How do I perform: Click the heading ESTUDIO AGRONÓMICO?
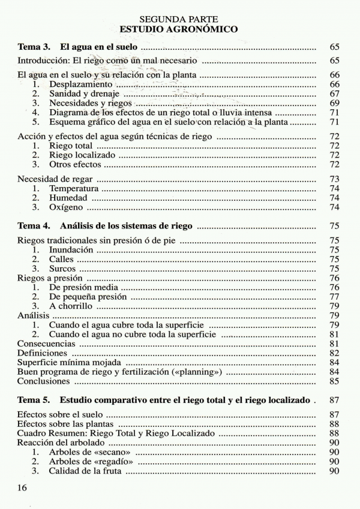(179, 29)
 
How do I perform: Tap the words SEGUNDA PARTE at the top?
(179, 19)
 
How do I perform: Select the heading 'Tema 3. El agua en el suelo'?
(78, 46)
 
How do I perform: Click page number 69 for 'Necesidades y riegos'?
(335, 103)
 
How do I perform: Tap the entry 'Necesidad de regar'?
(56, 179)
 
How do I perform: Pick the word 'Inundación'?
(71, 250)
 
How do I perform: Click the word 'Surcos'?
(62, 269)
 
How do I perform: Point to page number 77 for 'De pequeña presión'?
(335, 297)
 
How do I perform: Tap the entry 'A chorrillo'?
(71, 306)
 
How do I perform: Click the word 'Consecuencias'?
(46, 344)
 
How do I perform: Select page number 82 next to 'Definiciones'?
(335, 353)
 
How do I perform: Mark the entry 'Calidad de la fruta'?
(86, 471)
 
